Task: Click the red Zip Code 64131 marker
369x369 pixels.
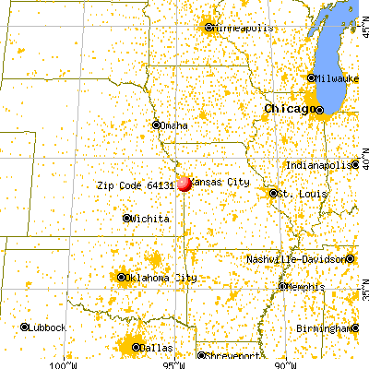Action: click(184, 184)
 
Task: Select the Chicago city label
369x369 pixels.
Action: click(286, 109)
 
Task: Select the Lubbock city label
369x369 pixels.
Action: click(46, 327)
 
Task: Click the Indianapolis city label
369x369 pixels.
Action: click(317, 164)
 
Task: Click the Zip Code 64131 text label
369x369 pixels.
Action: click(135, 184)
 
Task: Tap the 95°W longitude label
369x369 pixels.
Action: click(173, 363)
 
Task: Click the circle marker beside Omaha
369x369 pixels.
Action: click(155, 125)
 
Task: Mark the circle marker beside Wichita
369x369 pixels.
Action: click(127, 219)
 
